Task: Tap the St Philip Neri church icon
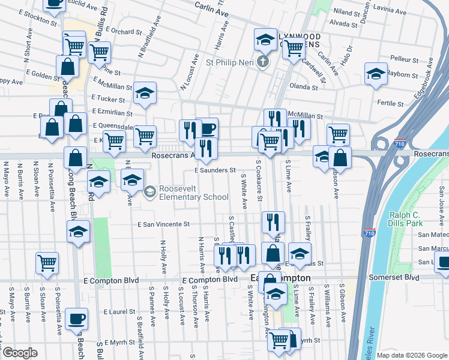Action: click(262, 62)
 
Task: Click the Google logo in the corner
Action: click(20, 353)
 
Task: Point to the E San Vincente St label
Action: click(163, 224)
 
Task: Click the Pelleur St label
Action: click(404, 60)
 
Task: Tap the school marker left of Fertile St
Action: click(376, 74)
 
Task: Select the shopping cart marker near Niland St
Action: click(294, 48)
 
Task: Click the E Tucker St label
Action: click(107, 98)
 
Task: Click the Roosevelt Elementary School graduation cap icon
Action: click(150, 191)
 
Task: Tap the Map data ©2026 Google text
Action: click(411, 355)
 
